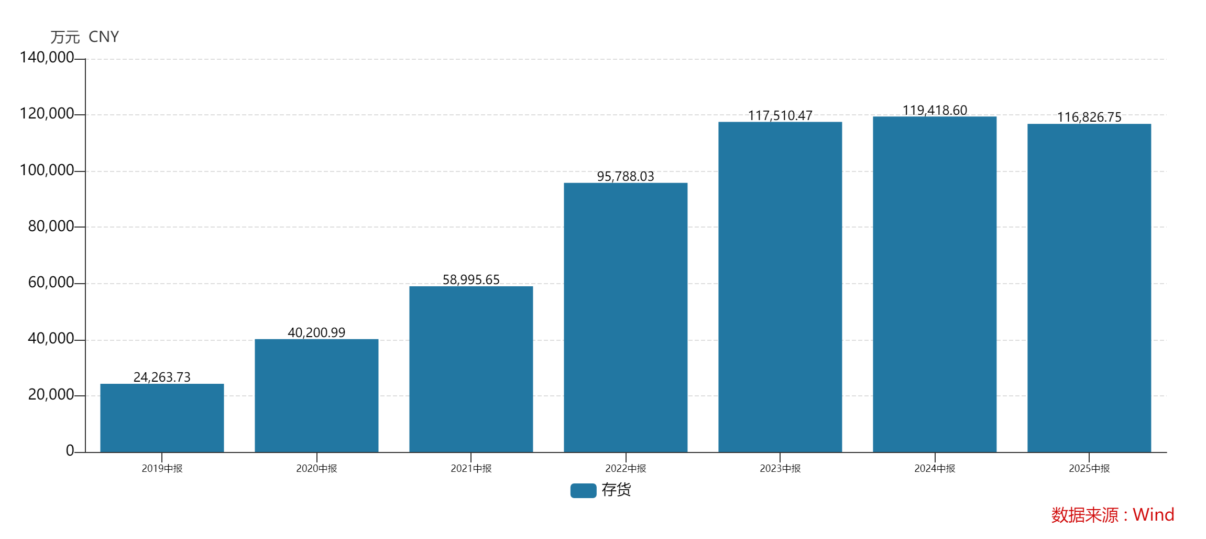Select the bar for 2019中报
pos(162,418)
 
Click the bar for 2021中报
pos(471,369)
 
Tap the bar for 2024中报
pos(935,284)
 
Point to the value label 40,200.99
pos(316,332)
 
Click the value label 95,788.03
pos(626,176)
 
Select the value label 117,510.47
pos(780,115)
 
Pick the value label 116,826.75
pos(1089,117)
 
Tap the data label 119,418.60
pos(935,110)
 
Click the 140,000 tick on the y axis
pos(47,57)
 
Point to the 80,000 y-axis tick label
pos(51,226)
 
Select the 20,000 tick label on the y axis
pos(51,394)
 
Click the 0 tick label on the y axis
pos(70,450)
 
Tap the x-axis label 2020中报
pos(316,468)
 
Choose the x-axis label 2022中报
pos(626,468)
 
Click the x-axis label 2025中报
pos(1089,468)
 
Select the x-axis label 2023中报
pos(780,468)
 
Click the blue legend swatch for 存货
pos(583,490)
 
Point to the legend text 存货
pos(616,490)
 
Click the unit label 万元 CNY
pos(85,37)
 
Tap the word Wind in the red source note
pos(1153,514)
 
